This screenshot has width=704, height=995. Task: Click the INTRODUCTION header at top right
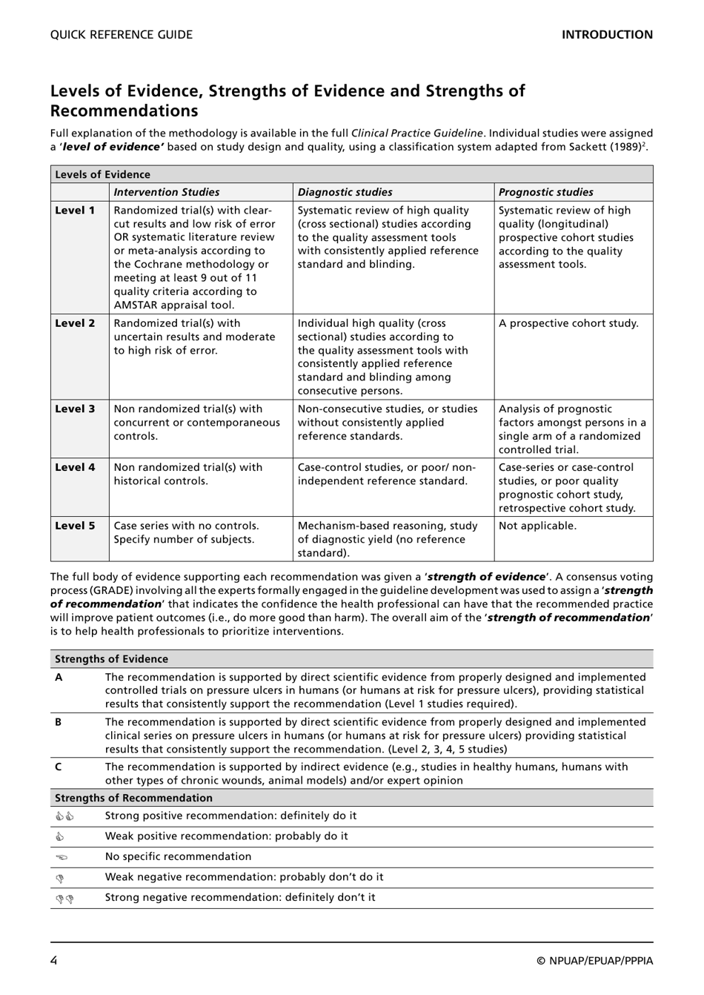[607, 35]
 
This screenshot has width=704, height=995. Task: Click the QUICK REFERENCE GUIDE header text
[122, 35]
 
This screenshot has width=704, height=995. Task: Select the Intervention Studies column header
[167, 192]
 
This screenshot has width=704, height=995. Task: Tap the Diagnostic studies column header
[345, 192]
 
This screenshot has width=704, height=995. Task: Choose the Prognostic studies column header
[546, 192]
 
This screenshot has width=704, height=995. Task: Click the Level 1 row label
[75, 211]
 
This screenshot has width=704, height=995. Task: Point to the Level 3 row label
[75, 409]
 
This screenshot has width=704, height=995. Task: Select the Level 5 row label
[75, 526]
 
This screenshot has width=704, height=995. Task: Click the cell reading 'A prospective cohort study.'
[568, 323]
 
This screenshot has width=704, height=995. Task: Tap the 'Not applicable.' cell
[537, 526]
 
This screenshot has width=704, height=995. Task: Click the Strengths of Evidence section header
[111, 659]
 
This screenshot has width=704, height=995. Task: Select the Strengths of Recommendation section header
[133, 799]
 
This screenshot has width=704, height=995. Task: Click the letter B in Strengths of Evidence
[59, 722]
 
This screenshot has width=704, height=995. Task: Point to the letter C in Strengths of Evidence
[59, 767]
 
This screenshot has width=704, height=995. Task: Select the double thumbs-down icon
[64, 899]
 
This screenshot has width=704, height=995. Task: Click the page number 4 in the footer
[54, 961]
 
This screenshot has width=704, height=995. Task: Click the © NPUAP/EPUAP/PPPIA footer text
[595, 962]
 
